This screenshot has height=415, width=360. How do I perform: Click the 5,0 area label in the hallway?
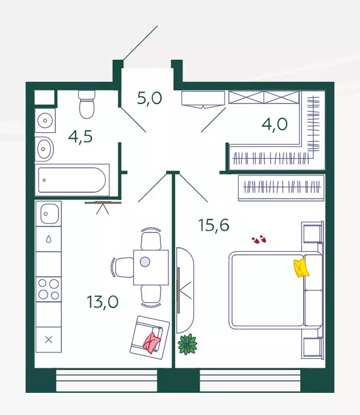pos(150,98)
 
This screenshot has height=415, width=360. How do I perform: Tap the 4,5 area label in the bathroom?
pos(80,136)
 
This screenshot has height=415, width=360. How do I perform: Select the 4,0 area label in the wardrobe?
pos(275,124)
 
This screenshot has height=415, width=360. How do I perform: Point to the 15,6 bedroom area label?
pos(214,226)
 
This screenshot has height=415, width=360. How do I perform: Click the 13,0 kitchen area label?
pos(102,302)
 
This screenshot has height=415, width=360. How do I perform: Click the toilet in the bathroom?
pos(86,104)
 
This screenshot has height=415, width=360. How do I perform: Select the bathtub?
pos(72,180)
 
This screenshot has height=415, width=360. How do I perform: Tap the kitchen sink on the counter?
pos(49,213)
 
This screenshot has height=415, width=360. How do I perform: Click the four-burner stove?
pos(49,289)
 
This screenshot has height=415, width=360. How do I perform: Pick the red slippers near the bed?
pos(259,239)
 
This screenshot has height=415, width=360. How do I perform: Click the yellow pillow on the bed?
pos(301,268)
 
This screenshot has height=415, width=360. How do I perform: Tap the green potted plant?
pos(188,344)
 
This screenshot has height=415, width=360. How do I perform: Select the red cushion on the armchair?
pos(151,343)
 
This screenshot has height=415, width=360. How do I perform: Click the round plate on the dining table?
pos(145,262)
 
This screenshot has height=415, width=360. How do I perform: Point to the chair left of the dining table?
pos(122,267)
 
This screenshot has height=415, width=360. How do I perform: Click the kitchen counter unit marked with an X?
pos(49,339)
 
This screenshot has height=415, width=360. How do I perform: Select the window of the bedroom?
pos(250,380)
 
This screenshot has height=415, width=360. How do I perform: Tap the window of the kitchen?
pos(107,380)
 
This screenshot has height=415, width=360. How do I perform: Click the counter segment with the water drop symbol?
pos(49,239)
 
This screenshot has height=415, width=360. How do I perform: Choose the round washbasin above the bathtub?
pos(44,149)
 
